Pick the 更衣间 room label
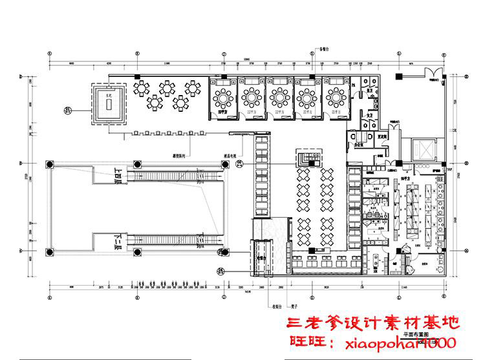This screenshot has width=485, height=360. pyautogui.click(x=382, y=136)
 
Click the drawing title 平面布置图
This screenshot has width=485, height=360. pyautogui.click(x=415, y=335)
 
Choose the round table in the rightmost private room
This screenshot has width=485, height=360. pyautogui.click(x=336, y=98)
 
